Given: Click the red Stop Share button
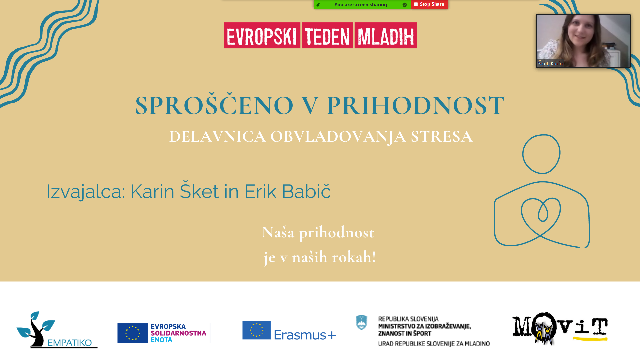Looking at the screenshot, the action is click(430, 4).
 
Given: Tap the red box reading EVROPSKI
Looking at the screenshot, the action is click(262, 35).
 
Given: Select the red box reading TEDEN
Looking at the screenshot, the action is click(327, 35).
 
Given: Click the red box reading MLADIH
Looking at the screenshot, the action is click(386, 35).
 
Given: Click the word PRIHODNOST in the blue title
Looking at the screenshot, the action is click(416, 105).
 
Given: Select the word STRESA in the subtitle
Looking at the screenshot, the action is click(441, 136).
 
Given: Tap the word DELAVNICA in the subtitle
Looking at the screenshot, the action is click(217, 136).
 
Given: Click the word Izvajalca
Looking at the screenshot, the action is click(85, 191).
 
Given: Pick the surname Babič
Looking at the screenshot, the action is click(306, 191).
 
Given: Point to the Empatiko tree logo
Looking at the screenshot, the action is click(57, 330).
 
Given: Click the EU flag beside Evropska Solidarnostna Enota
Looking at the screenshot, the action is click(132, 333).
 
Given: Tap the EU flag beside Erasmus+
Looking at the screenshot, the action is click(256, 330).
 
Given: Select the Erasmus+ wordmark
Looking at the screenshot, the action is click(305, 335).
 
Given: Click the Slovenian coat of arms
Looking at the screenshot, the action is click(362, 323).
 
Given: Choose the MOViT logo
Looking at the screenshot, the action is click(560, 329).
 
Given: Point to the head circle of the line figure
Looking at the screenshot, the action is click(541, 135).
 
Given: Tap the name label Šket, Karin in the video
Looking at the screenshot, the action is click(550, 63).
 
